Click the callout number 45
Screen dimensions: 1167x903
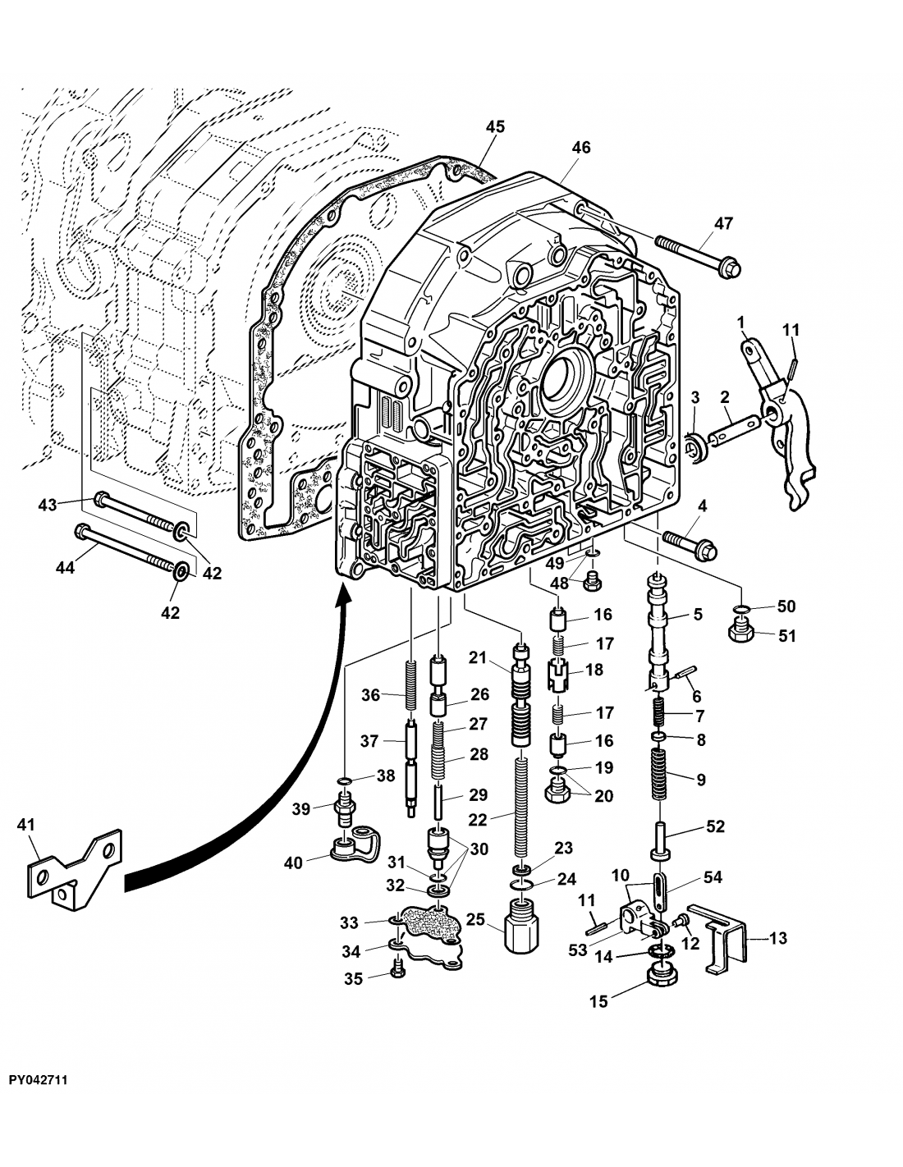494,126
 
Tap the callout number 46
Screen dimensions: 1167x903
581,148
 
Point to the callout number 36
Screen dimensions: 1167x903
371,694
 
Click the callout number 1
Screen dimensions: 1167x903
741,323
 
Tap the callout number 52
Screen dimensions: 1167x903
715,826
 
